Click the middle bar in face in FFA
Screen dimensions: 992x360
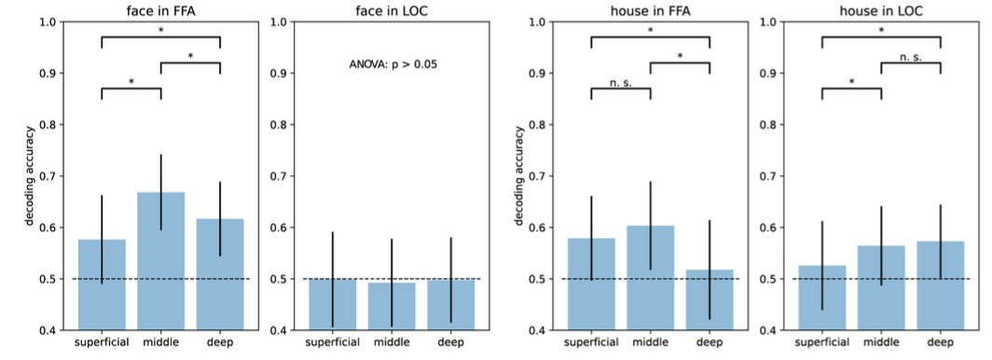160,260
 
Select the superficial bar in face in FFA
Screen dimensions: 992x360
102,284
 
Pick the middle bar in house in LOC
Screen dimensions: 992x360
881,288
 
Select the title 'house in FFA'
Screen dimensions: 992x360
651,10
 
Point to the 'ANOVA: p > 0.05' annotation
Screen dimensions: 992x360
393,64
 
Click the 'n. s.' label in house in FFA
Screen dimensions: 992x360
621,82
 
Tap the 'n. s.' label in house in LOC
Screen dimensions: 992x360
910,57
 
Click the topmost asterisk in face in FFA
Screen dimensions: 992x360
160,31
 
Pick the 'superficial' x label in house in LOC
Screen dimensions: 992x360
821,343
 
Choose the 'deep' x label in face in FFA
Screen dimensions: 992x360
219,342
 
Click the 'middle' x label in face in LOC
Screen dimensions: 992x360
392,342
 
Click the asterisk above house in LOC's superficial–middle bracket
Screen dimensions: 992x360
851,82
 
